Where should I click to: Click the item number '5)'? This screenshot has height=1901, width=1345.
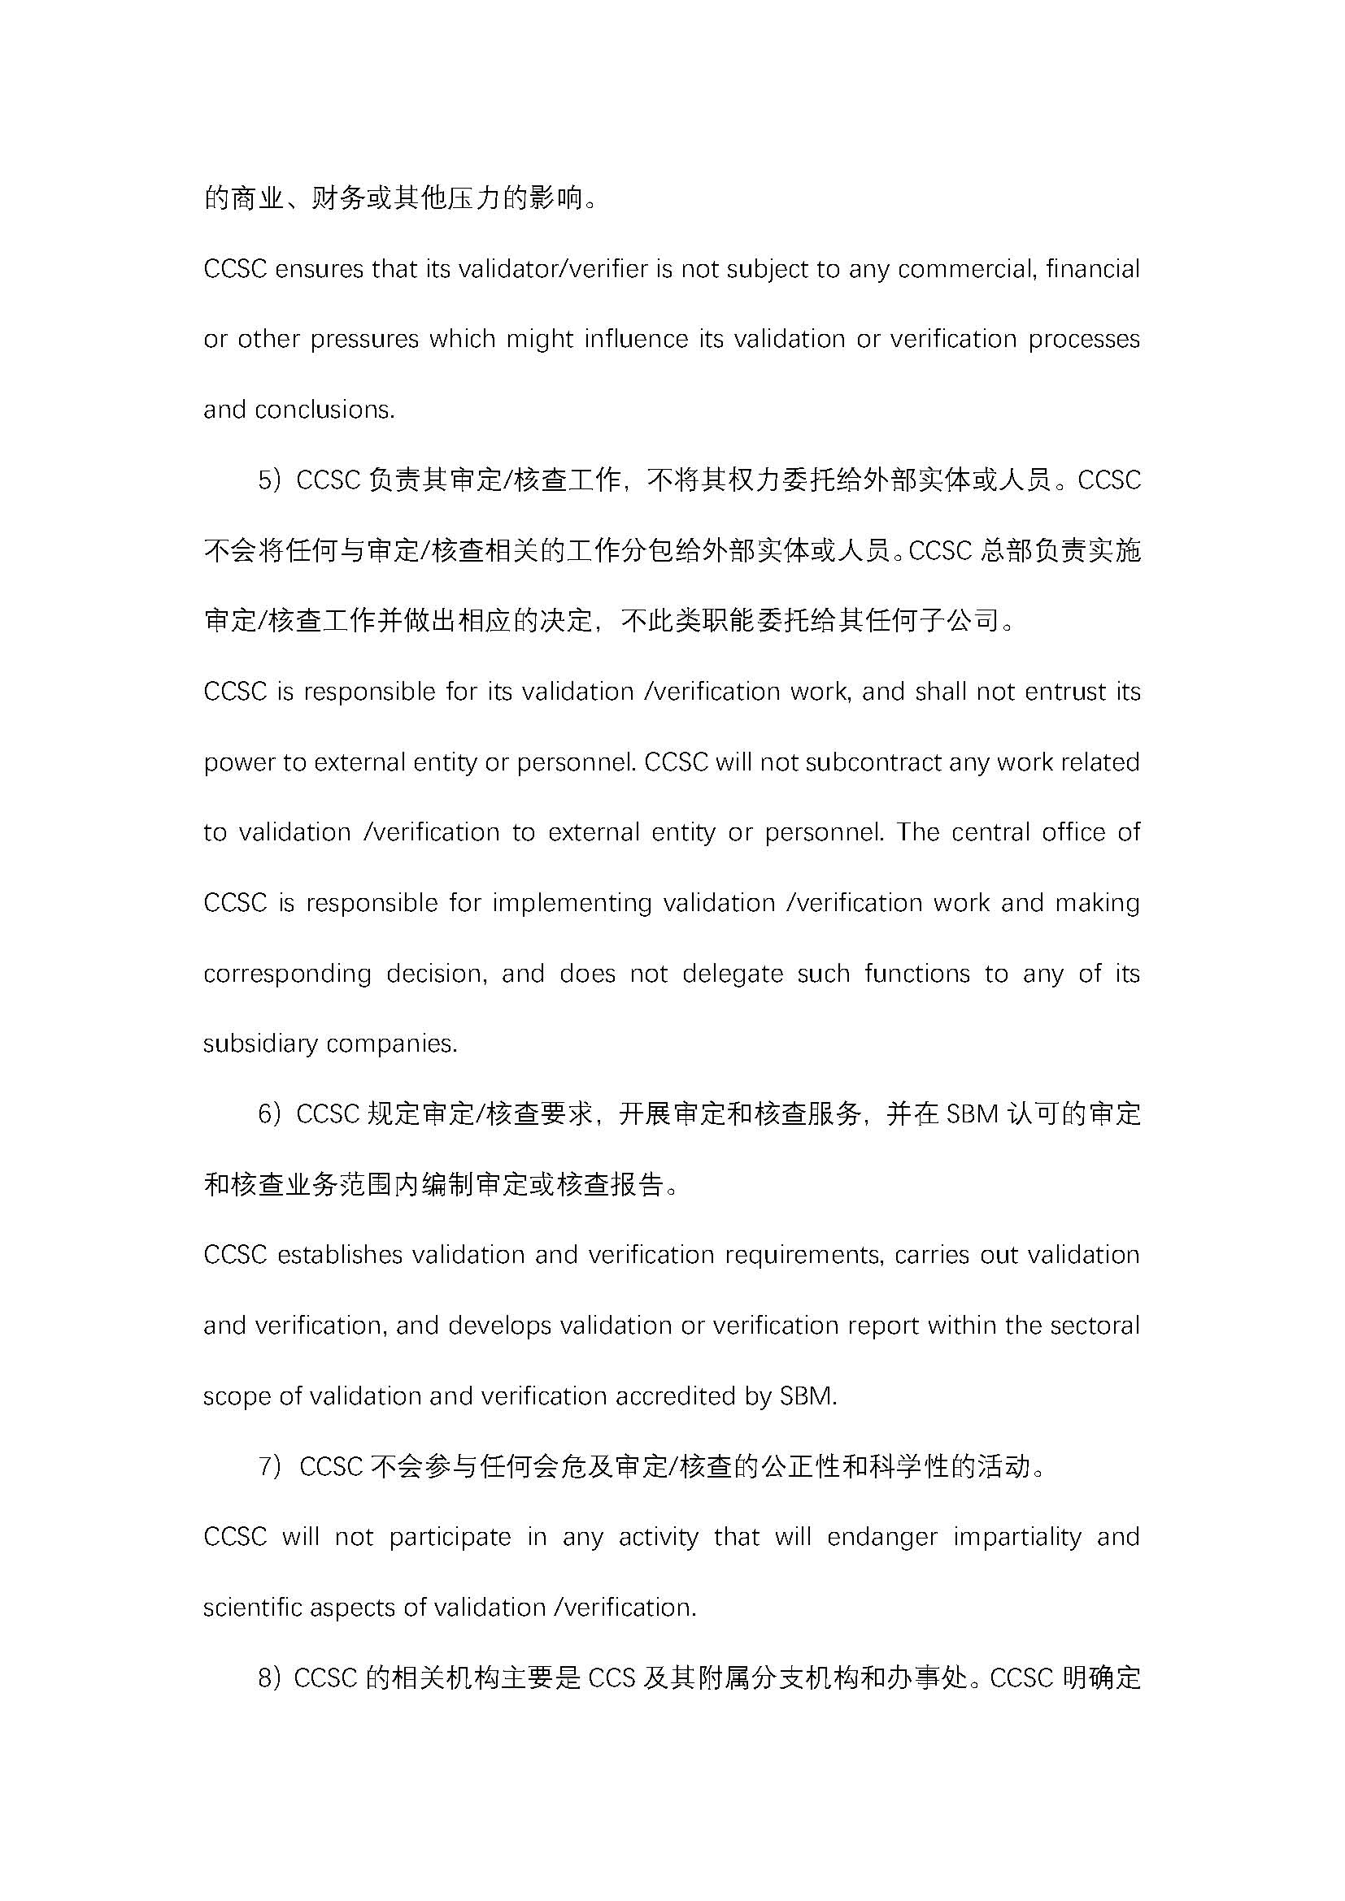[x=271, y=480]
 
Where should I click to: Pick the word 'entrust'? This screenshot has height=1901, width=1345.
[x=1064, y=692]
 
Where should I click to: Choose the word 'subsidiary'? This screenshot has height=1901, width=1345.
[x=262, y=1044]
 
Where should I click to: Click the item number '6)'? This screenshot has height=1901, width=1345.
[x=271, y=1114]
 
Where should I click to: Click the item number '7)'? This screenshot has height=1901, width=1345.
[x=272, y=1466]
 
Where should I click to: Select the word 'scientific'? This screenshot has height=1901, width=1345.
[x=253, y=1607]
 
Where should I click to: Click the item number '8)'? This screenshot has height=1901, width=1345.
[x=271, y=1678]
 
